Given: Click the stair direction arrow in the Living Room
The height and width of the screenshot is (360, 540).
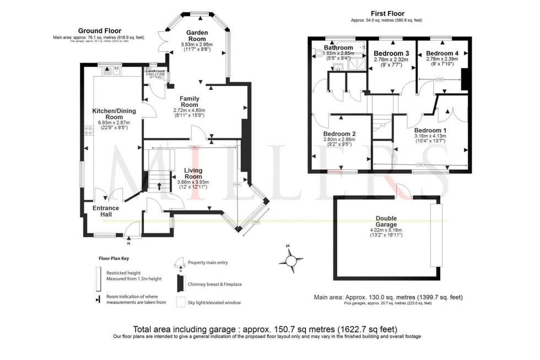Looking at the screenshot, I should (x=160, y=186).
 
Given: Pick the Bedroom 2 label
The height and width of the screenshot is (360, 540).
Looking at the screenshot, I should (x=339, y=134).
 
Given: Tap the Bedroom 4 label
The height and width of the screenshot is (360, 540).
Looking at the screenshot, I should (x=441, y=53).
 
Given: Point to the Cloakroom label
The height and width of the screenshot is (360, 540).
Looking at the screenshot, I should (x=155, y=71).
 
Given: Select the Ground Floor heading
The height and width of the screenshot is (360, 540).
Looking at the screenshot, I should (x=100, y=31).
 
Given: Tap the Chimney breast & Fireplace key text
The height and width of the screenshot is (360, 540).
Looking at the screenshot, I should (x=214, y=284).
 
